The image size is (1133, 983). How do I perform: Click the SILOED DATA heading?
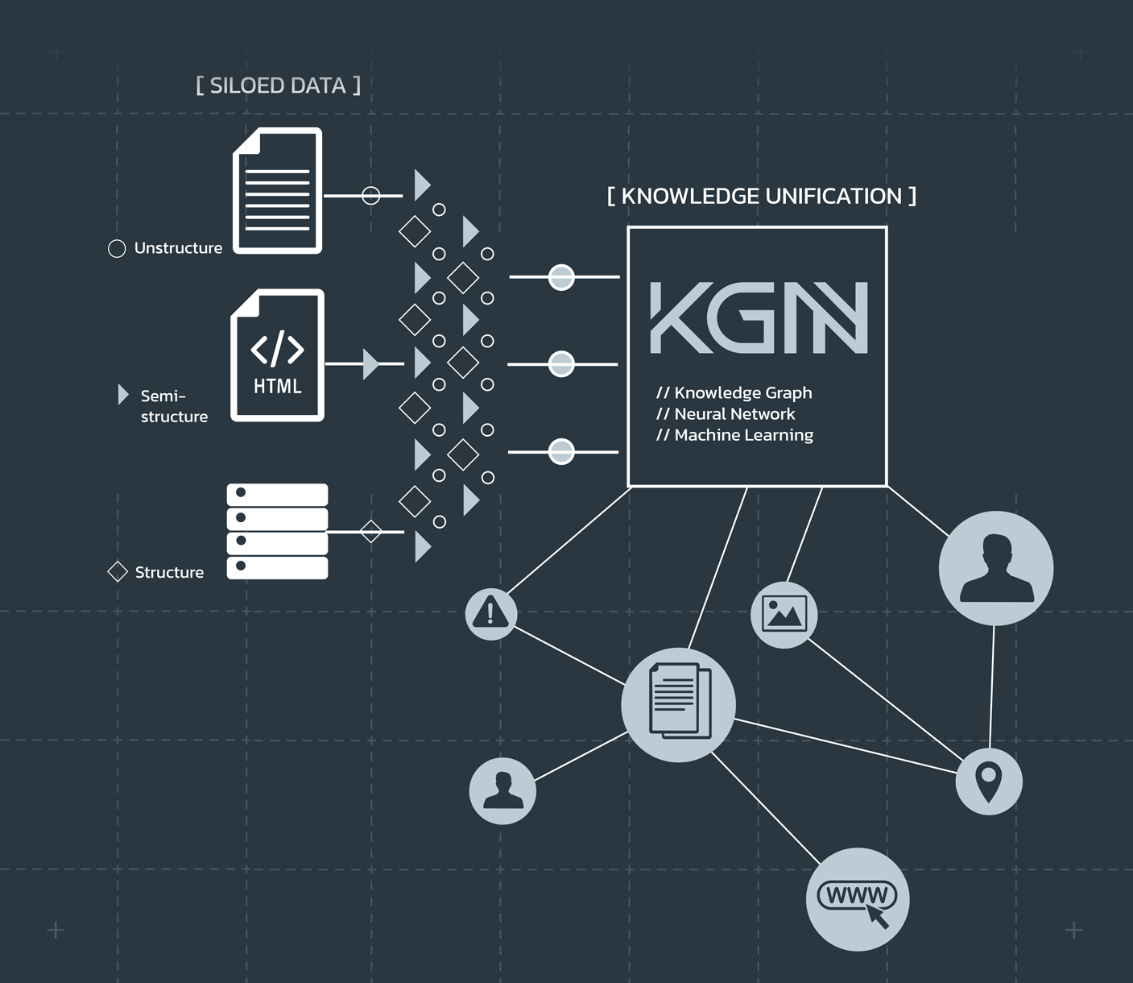pyautogui.click(x=278, y=85)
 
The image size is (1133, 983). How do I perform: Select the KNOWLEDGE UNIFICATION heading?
pyautogui.click(x=761, y=196)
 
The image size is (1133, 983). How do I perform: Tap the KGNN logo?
pyautogui.click(x=759, y=317)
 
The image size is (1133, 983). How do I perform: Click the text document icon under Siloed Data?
pyautogui.click(x=278, y=191)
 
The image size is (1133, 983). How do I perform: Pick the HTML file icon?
pyautogui.click(x=278, y=355)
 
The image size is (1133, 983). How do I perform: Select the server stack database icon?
pyautogui.click(x=277, y=531)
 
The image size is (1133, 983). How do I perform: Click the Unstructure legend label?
pyautogui.click(x=178, y=248)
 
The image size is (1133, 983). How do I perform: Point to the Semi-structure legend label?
pyautogui.click(x=173, y=406)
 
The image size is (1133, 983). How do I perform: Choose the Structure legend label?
pyautogui.click(x=169, y=572)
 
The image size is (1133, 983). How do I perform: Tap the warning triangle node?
pyautogui.click(x=490, y=613)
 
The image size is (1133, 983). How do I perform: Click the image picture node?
pyautogui.click(x=784, y=614)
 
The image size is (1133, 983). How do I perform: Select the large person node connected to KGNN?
pyautogui.click(x=996, y=568)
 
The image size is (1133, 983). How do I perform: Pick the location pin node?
pyautogui.click(x=988, y=782)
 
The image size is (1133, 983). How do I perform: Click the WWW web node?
pyautogui.click(x=858, y=899)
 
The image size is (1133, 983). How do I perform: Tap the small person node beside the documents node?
pyautogui.click(x=502, y=790)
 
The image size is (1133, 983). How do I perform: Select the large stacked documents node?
pyautogui.click(x=678, y=704)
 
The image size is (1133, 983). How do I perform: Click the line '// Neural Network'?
pyautogui.click(x=726, y=414)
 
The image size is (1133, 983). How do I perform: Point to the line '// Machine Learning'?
pyautogui.click(x=734, y=435)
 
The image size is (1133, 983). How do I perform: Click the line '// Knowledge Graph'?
pyautogui.click(x=734, y=393)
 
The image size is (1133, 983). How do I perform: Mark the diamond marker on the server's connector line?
pyautogui.click(x=370, y=532)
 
